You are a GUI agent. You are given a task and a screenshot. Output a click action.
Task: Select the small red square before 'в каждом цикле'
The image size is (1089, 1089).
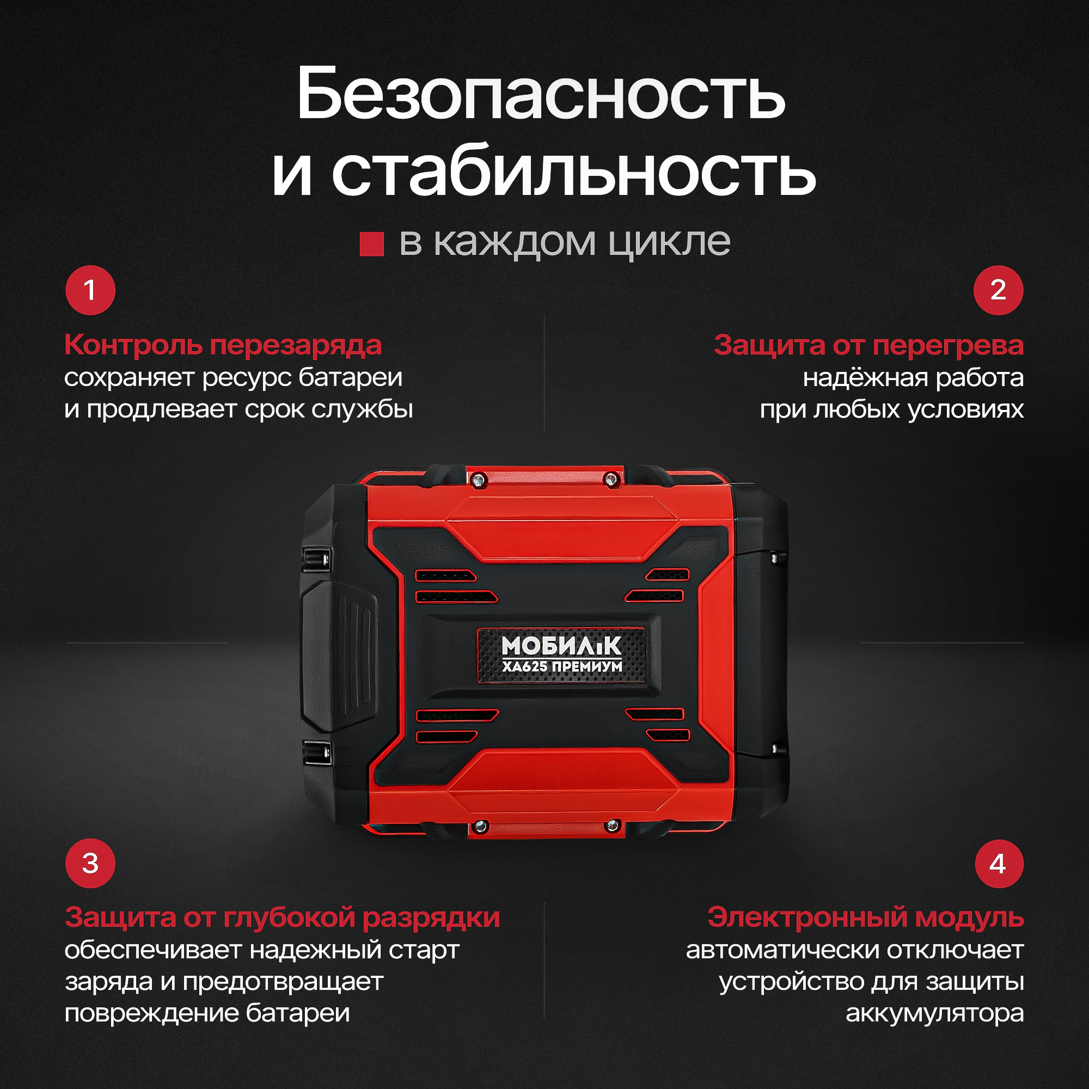371,244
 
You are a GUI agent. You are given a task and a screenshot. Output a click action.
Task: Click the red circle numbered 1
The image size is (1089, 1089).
90,290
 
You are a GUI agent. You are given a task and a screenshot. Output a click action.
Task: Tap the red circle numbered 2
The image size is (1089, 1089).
998,290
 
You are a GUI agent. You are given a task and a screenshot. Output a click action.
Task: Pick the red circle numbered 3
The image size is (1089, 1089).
90,864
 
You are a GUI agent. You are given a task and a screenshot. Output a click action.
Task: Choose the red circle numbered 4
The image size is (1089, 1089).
998,864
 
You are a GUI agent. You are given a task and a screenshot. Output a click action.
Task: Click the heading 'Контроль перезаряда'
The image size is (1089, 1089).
223,345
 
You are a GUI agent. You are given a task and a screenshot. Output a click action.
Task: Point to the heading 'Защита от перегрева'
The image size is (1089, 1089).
868,345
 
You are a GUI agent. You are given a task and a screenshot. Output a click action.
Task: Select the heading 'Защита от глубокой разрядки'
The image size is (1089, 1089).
282,917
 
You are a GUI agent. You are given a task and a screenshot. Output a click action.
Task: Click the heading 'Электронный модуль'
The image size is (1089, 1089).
866,917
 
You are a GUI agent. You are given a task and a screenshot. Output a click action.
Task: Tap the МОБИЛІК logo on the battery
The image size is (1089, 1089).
561,646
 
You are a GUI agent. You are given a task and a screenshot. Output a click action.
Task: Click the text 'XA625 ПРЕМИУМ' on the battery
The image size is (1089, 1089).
562,667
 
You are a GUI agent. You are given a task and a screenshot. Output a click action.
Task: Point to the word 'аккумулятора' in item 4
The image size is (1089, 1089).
934,1013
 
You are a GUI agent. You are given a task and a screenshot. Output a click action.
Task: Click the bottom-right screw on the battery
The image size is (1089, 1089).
611,827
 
